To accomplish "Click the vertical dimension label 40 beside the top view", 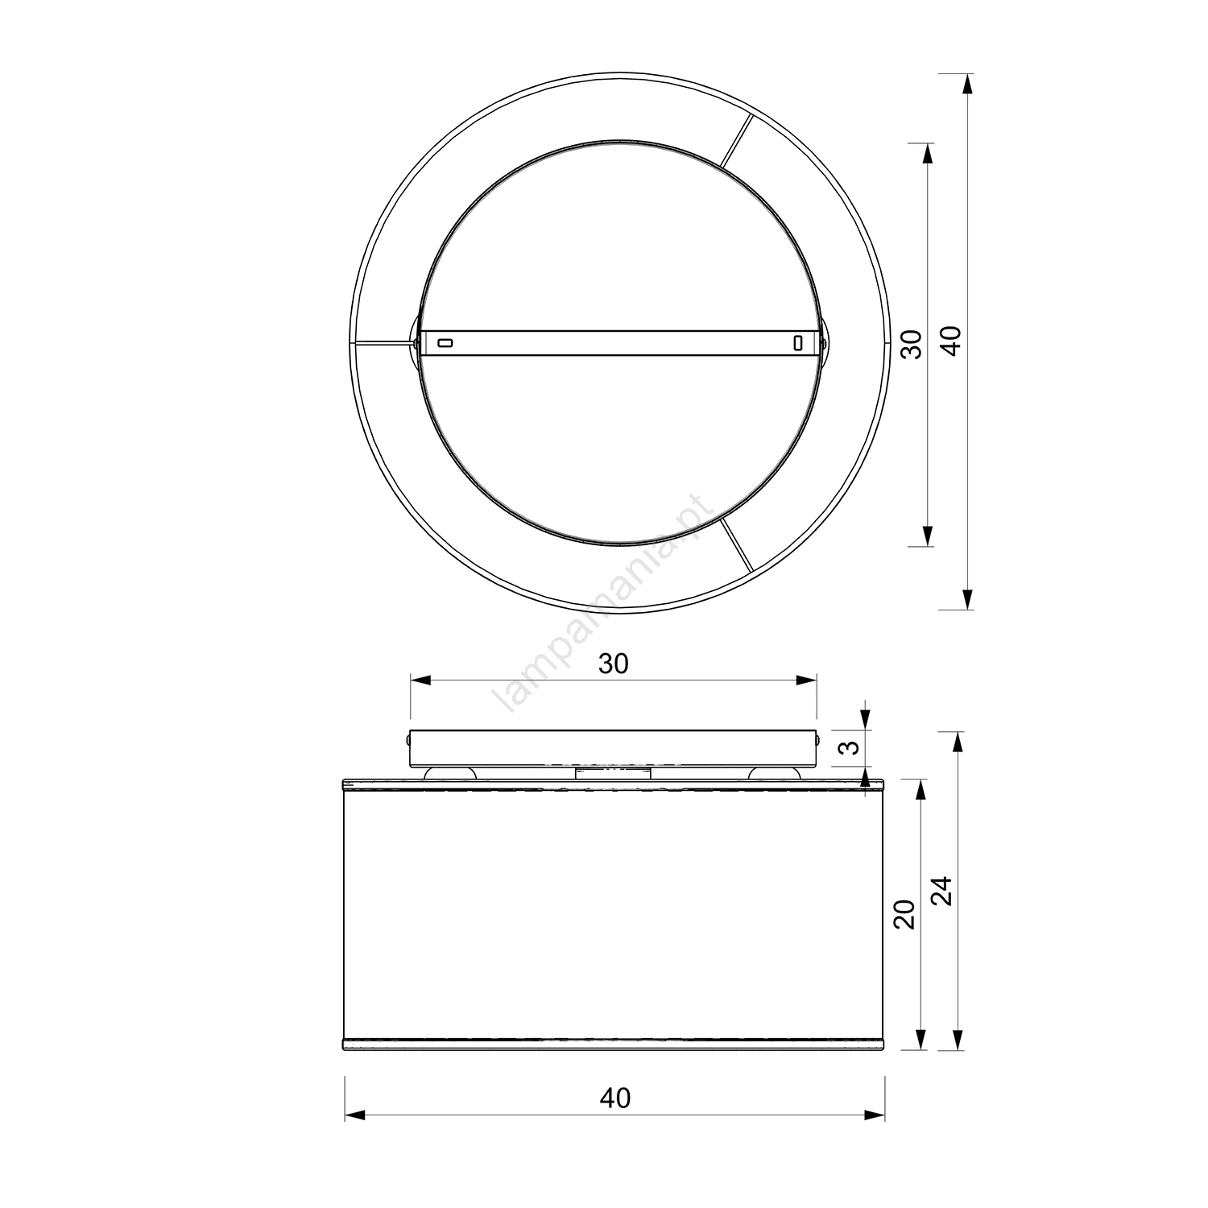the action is [x=952, y=341].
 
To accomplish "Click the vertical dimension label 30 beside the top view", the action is [x=911, y=344].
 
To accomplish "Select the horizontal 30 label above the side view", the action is [x=614, y=664].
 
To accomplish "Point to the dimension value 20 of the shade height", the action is [x=906, y=914].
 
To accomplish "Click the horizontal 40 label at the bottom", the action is [x=616, y=1098].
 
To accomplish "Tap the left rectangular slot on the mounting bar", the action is [x=445, y=343].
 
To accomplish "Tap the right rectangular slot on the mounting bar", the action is [x=797, y=343].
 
